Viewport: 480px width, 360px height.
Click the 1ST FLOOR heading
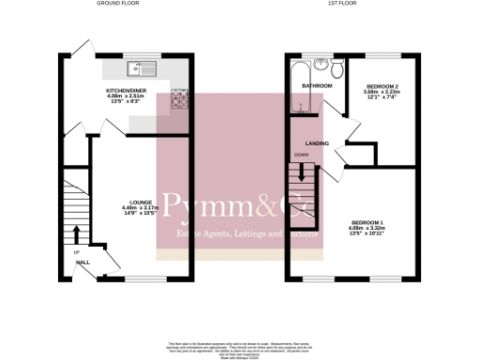click(x=339, y=4)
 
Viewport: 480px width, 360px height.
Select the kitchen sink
click(x=143, y=67)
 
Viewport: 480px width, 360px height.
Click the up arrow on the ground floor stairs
click(x=76, y=233)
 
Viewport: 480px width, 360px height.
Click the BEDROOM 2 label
click(x=380, y=85)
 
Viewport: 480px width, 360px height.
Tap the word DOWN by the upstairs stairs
click(x=301, y=155)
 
